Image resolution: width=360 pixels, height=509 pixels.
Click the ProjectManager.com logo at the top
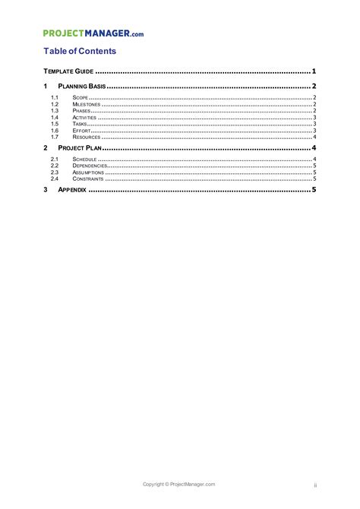(x=93, y=33)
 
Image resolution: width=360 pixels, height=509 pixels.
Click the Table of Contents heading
(x=79, y=52)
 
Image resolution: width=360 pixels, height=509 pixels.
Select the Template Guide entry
(x=68, y=71)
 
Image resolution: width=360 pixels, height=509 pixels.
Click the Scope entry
(x=81, y=98)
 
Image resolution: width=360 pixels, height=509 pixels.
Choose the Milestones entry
(x=87, y=105)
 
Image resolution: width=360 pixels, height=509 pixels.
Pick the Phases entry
(x=82, y=112)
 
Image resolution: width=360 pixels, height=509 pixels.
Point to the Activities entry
(x=85, y=119)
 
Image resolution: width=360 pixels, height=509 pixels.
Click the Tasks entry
(x=81, y=125)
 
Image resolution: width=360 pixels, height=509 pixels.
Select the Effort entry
(x=82, y=131)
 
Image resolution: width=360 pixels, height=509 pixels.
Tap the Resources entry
(x=86, y=138)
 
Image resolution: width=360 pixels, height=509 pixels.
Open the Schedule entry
(x=85, y=160)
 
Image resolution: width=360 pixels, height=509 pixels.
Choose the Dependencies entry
(x=89, y=166)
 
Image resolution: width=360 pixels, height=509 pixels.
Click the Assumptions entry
(x=88, y=172)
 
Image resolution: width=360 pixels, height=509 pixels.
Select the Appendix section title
(x=73, y=189)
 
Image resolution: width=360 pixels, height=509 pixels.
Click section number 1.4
(x=55, y=119)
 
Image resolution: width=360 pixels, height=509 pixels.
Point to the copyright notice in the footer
(x=180, y=484)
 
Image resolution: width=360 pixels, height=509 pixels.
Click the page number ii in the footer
(x=314, y=485)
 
